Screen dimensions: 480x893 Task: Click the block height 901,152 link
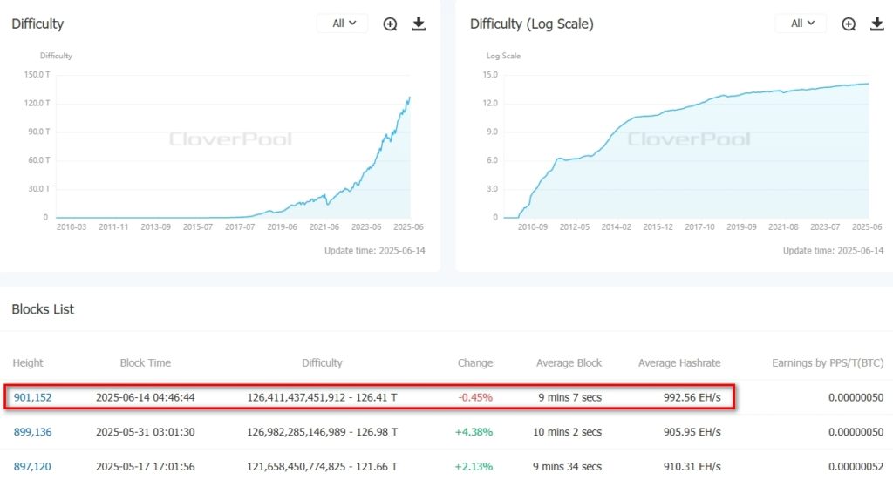[x=33, y=397]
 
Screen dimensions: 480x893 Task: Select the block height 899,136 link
[x=33, y=432]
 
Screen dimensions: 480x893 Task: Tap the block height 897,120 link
[x=33, y=466]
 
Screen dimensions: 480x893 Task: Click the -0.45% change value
[x=476, y=397]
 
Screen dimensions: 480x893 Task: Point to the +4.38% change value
[x=475, y=432]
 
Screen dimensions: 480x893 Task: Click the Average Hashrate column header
[x=679, y=362]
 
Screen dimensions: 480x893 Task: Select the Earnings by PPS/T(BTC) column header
[x=828, y=362]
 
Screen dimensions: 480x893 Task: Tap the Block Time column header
[x=146, y=362]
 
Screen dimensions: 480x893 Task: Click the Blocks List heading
[x=43, y=309]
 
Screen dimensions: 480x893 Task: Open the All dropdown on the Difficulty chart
[x=343, y=24]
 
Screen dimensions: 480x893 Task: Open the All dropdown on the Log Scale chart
[x=801, y=24]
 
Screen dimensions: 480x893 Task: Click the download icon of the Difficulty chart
[x=419, y=24]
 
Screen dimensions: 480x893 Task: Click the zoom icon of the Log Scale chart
[x=849, y=24]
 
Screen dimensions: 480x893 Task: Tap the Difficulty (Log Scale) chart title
[x=532, y=24]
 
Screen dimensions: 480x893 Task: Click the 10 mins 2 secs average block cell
[x=569, y=432]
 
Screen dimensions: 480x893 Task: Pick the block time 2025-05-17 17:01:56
[x=146, y=466]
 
